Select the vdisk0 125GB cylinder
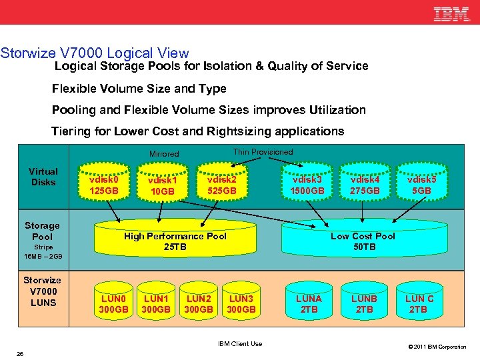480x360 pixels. (x=104, y=185)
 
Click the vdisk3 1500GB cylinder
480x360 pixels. (x=307, y=185)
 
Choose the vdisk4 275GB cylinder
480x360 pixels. (x=364, y=185)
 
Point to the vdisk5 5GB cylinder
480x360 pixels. (x=421, y=185)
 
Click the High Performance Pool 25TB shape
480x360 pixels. (x=175, y=241)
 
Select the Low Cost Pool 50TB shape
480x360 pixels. (x=363, y=241)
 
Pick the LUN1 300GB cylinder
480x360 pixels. (x=157, y=303)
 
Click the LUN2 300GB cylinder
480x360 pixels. (x=199, y=303)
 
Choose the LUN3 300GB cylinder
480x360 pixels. (x=241, y=303)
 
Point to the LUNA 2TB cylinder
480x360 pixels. (x=308, y=303)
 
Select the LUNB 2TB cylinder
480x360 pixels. (x=364, y=303)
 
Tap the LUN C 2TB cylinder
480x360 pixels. (x=419, y=303)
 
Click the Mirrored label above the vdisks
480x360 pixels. (x=164, y=154)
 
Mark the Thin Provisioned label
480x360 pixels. (x=263, y=152)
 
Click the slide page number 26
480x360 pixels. (x=20, y=353)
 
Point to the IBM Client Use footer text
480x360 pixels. (x=240, y=343)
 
